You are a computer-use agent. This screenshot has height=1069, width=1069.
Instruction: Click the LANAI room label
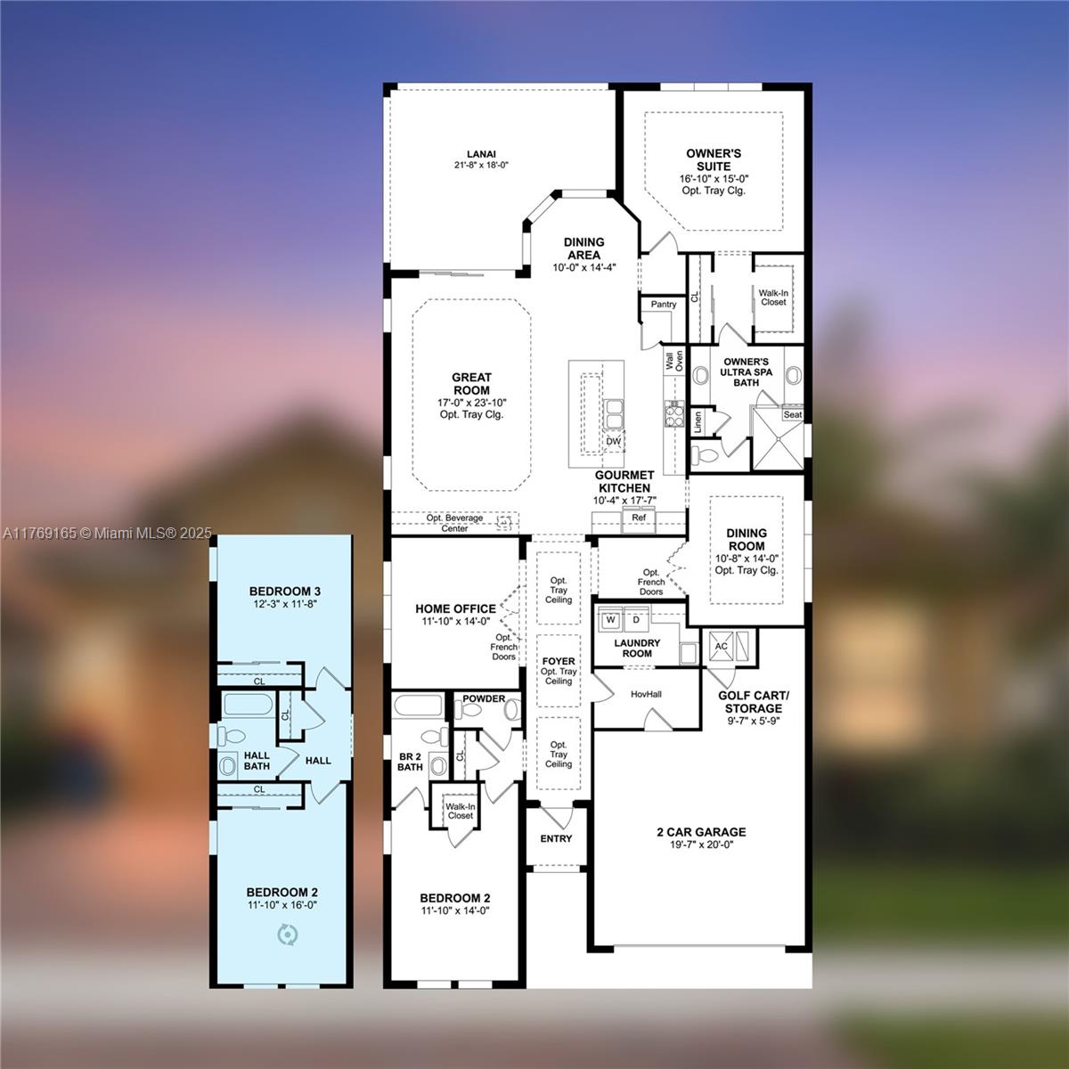pyautogui.click(x=481, y=153)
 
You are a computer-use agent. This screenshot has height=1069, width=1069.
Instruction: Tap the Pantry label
pyautogui.click(x=664, y=304)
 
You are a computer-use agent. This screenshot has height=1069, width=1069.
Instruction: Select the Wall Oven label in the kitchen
pyautogui.click(x=674, y=361)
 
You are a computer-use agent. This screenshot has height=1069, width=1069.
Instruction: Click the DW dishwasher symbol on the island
pyautogui.click(x=613, y=441)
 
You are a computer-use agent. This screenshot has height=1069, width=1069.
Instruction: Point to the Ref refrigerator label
pyautogui.click(x=639, y=518)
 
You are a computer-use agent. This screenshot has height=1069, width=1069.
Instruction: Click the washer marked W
pyautogui.click(x=610, y=619)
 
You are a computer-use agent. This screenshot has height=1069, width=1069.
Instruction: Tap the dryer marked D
pyautogui.click(x=636, y=619)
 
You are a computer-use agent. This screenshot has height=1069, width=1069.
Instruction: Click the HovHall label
pyautogui.click(x=646, y=694)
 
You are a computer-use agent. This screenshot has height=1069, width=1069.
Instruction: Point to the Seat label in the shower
pyautogui.click(x=792, y=414)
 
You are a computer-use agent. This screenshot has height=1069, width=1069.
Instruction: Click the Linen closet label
pyautogui.click(x=698, y=423)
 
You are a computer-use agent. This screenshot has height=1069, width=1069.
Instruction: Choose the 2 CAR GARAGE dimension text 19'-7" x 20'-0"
pyautogui.click(x=701, y=845)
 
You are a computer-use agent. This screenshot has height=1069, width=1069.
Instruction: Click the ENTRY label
pyautogui.click(x=556, y=838)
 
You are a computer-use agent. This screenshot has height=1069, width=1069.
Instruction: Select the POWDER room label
pyautogui.click(x=484, y=698)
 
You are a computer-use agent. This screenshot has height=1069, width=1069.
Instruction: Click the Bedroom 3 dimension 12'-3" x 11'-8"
pyautogui.click(x=284, y=604)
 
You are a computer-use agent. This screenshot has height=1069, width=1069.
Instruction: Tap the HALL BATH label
pyautogui.click(x=257, y=761)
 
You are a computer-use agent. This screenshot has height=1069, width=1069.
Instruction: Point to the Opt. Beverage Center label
pyautogui.click(x=454, y=523)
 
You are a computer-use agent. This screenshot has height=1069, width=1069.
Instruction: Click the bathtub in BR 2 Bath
pyautogui.click(x=418, y=706)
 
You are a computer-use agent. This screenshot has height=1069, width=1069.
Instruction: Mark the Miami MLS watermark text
pyautogui.click(x=107, y=534)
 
